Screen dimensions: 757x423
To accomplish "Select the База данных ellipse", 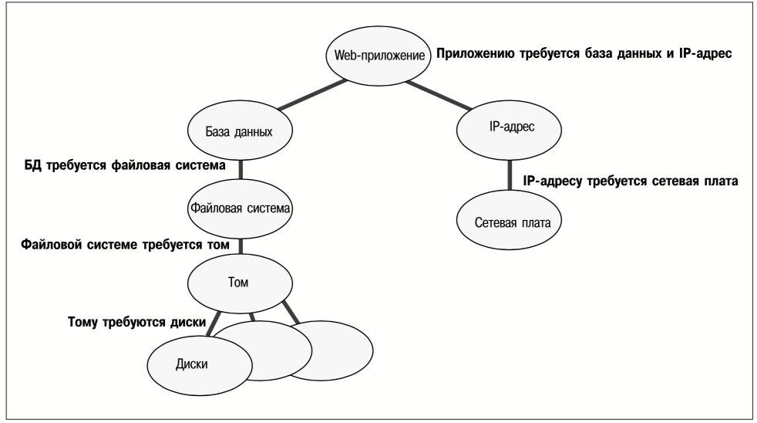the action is tap(240, 130).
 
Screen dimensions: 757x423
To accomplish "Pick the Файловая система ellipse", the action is tap(240, 208).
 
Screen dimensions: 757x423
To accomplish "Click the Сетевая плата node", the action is tap(509, 221).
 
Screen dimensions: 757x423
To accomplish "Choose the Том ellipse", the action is tap(240, 283).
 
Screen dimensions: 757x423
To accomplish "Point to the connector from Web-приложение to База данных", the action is tap(312, 94).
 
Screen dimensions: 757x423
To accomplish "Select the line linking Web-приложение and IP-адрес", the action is tap(439, 95).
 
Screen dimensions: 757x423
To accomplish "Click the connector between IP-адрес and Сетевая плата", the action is tap(509, 175).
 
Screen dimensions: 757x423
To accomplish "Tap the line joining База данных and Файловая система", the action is tap(241, 170).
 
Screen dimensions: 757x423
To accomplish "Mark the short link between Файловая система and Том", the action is tap(241, 246).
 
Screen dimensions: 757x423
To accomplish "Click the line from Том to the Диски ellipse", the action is tap(214, 323).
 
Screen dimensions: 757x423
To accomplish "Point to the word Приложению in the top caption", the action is tap(476, 54).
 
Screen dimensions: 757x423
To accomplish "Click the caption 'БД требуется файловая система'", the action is tap(125, 165).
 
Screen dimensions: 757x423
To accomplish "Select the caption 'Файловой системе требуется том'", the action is tap(125, 245).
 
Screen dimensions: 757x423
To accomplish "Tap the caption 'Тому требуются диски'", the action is tap(137, 322).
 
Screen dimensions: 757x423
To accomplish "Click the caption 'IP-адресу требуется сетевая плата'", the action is tap(631, 181).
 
